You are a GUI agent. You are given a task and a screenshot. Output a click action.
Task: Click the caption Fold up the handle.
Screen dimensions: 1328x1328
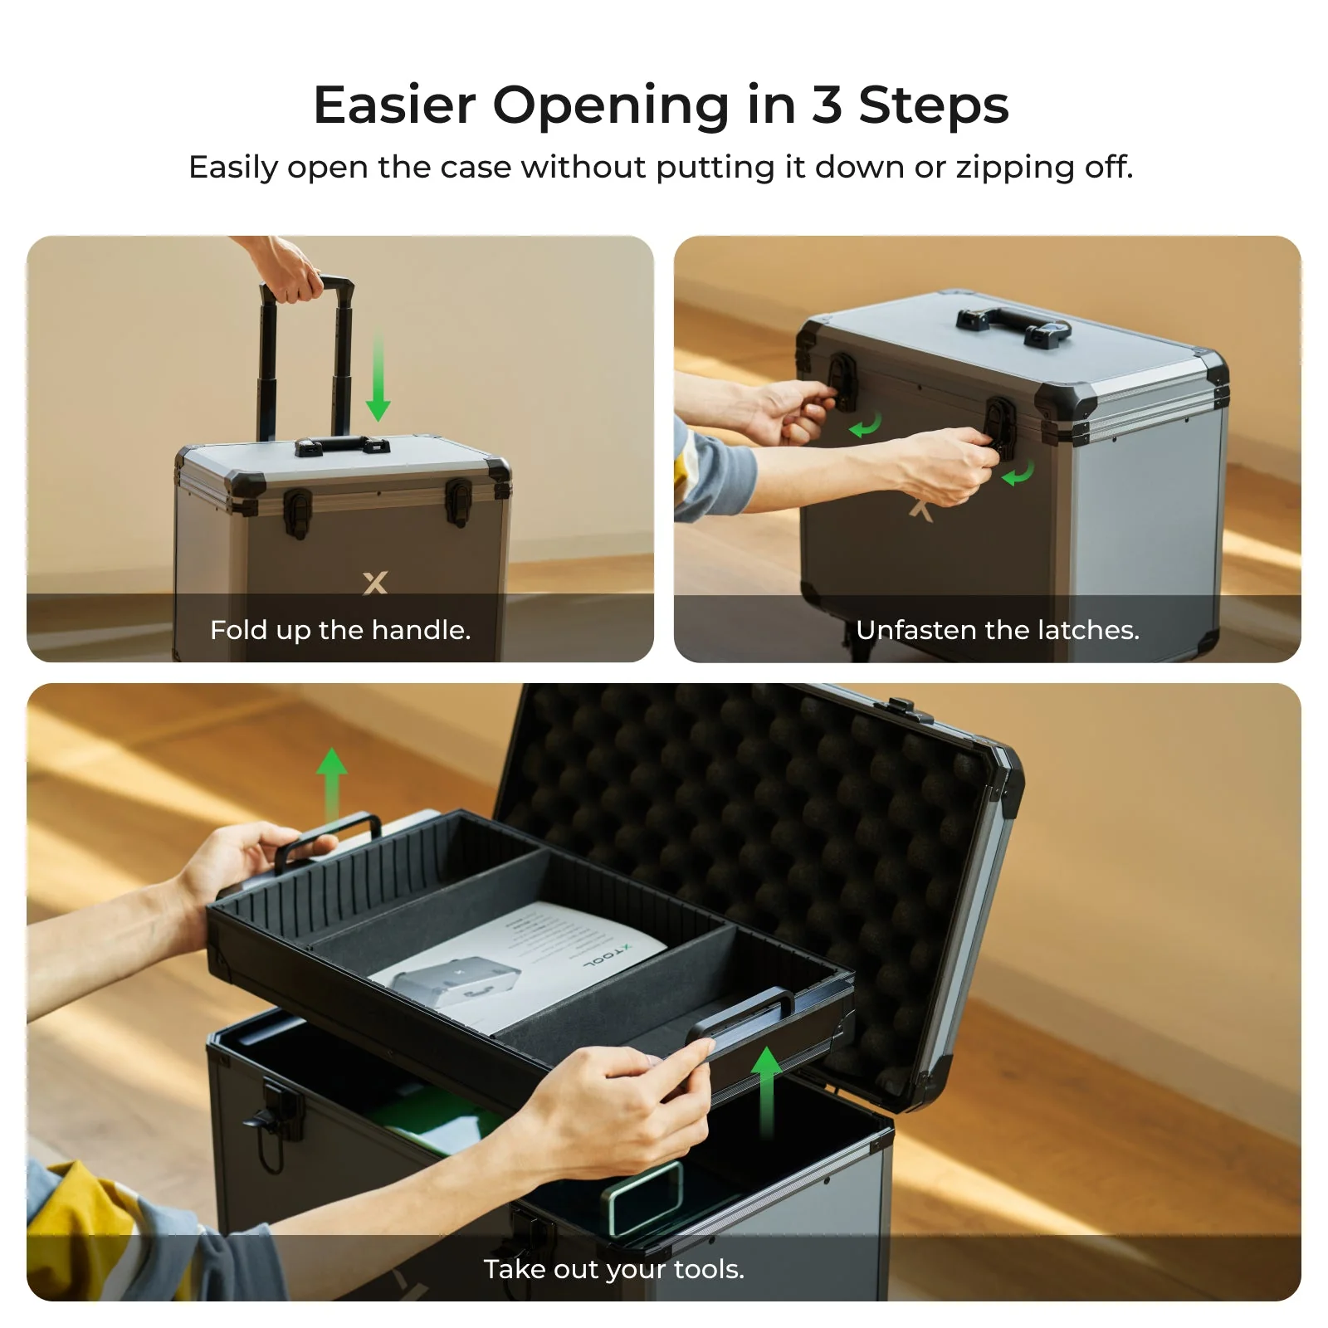(x=340, y=630)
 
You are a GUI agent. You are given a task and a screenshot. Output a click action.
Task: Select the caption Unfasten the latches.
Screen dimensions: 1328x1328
(x=997, y=630)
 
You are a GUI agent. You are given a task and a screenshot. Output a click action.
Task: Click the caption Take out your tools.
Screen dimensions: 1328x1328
(x=613, y=1269)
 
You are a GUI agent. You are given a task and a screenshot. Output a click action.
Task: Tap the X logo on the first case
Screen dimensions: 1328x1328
(x=375, y=582)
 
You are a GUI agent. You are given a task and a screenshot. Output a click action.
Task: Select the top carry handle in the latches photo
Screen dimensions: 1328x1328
(x=1013, y=325)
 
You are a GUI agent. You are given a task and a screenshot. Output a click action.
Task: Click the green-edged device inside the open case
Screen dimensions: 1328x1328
(x=647, y=1195)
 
